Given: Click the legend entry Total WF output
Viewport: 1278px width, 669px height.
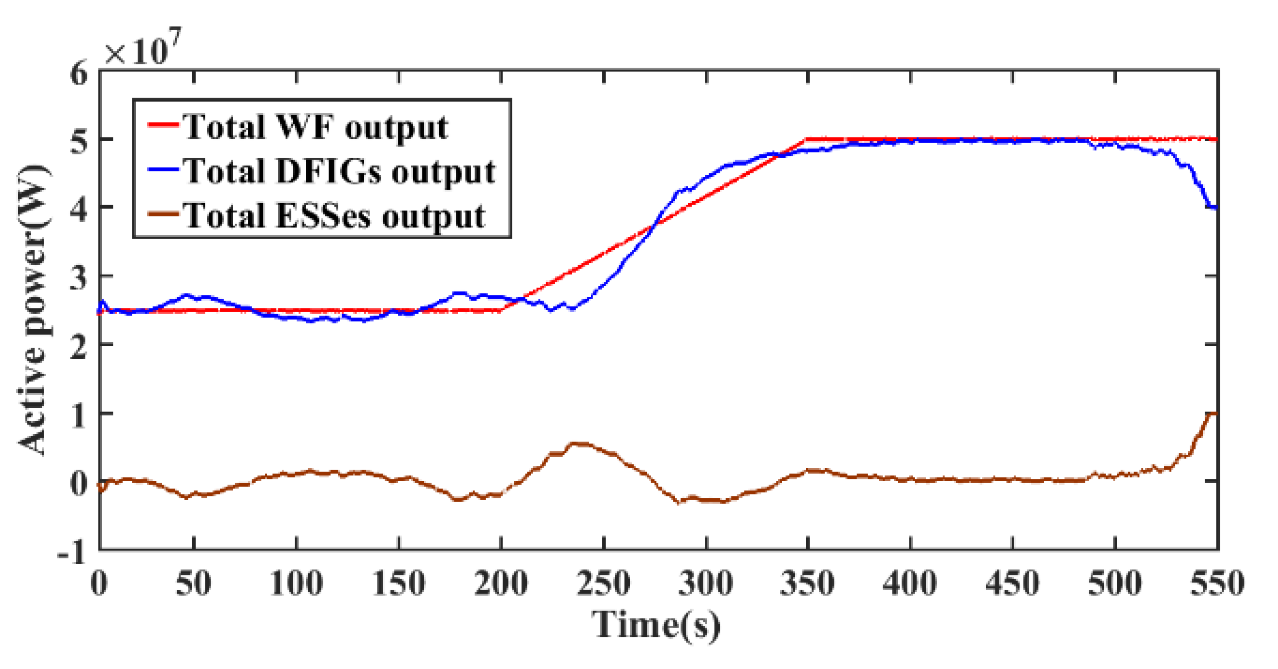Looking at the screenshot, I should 315,127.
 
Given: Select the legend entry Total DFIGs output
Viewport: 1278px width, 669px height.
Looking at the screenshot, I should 339,171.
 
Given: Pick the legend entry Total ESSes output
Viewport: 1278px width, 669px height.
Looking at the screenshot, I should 334,216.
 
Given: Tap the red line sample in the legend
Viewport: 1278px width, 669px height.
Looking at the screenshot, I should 163,124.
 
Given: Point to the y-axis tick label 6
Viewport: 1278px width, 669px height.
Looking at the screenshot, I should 78,74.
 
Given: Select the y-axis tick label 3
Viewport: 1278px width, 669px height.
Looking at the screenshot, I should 78,276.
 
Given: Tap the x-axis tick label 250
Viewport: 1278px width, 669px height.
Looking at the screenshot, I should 604,583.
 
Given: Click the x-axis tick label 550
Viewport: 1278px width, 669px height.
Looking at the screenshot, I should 1218,583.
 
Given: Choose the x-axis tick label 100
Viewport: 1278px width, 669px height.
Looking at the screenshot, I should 297,583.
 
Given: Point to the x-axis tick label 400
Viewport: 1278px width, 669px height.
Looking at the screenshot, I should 910,583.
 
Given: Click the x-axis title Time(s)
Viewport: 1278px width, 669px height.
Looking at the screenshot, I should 656,624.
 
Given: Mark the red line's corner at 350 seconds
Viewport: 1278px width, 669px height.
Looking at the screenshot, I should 808,140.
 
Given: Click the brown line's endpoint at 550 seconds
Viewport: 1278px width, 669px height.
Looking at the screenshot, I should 1216,413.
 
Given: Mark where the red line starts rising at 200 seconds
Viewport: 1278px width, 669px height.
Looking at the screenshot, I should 502,311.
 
